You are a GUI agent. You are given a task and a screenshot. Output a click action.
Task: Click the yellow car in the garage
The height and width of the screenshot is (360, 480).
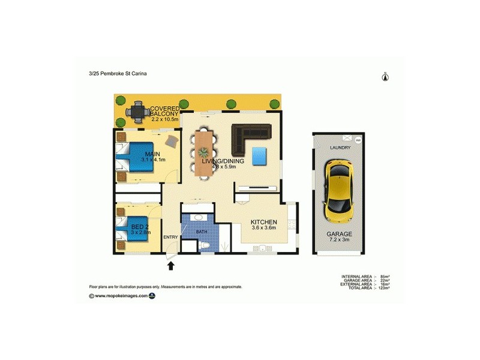coord(338,190)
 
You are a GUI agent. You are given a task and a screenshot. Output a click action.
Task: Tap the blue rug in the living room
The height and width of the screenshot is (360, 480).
coord(260,156)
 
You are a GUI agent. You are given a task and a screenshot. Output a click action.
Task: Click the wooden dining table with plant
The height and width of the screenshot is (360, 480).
coord(204,153)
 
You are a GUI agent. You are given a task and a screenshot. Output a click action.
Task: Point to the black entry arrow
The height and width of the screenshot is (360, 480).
coord(170,265)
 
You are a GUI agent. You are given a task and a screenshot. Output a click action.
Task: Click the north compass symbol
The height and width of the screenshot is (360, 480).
coord(386,76)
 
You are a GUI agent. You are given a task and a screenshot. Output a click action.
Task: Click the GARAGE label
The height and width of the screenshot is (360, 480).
coord(340,234)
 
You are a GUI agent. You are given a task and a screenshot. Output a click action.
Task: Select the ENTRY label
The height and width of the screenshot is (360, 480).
coord(170,237)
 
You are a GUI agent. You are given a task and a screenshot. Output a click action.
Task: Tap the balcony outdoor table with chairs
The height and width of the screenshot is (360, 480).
coord(137,111)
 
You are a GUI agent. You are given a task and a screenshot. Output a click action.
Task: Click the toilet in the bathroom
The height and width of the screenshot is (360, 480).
coord(204,246)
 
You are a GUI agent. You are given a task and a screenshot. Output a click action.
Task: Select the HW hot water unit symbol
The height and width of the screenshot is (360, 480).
coord(359,140)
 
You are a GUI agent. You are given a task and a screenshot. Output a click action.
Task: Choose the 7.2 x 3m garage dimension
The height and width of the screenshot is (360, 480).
coord(340,241)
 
